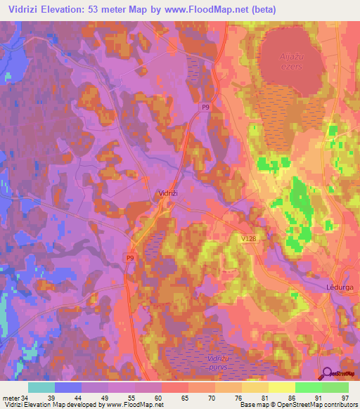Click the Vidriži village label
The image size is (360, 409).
[166, 193]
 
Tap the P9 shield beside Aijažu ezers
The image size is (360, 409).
[205, 108]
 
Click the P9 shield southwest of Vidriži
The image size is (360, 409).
[130, 258]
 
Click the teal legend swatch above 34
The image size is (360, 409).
[41, 387]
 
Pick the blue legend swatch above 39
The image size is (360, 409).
[68, 387]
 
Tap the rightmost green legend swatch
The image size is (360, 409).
[335, 387]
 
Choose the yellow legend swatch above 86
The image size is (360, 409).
[282, 387]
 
